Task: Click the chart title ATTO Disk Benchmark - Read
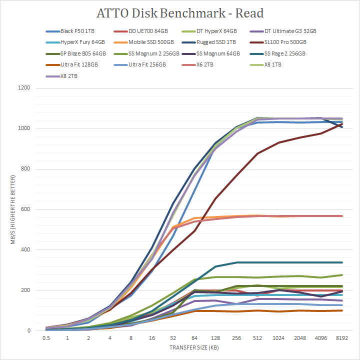[x=179, y=13]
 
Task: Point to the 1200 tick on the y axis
[x=24, y=88]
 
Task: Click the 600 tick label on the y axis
[x=25, y=209]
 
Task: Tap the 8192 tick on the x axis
[x=341, y=338]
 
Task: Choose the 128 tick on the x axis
[x=215, y=338]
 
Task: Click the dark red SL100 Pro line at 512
[x=257, y=153]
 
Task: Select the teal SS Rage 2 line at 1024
[x=279, y=262]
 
